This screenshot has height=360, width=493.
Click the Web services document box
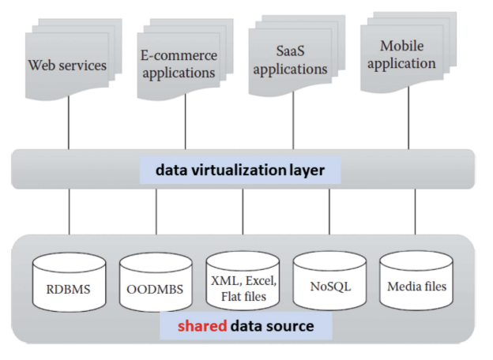[66, 66]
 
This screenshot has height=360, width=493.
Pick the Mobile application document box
[406, 55]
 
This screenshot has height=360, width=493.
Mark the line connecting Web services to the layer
[68, 126]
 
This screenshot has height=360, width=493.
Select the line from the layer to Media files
[416, 212]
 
